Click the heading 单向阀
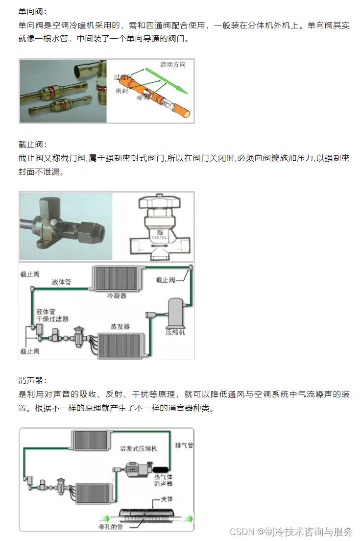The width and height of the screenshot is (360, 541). (32, 11)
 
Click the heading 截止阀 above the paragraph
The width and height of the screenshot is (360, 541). (32, 144)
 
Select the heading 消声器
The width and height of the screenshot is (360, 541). (32, 381)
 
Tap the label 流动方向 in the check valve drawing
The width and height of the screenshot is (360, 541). (172, 65)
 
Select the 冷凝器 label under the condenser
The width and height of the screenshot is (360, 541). (117, 295)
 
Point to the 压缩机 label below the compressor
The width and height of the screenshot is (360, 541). (175, 332)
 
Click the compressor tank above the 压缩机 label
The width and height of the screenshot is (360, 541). (175, 311)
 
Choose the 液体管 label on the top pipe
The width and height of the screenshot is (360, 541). (62, 282)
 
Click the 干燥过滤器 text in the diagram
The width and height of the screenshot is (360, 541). (52, 319)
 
